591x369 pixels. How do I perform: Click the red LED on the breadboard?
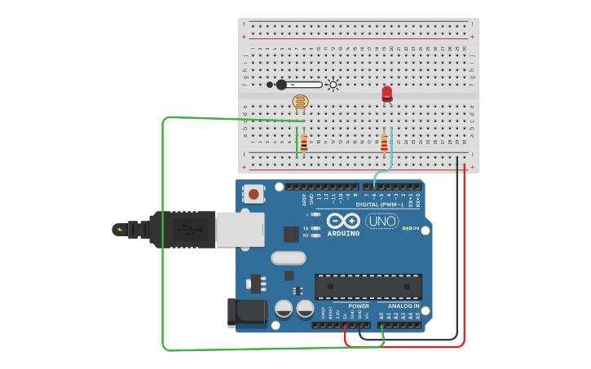point(386,94)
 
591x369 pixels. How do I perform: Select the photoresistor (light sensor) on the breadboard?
point(301,102)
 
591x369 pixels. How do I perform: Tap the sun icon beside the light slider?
point(333,85)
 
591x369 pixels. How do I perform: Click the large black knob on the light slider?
point(281,85)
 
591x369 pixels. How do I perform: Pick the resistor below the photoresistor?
point(303,144)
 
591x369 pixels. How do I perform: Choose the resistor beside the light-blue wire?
point(384,143)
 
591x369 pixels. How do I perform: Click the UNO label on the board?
point(382,221)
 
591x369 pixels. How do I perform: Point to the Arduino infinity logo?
point(343,221)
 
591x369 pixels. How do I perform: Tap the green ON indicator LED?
point(405,228)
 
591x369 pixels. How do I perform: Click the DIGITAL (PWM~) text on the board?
point(379,204)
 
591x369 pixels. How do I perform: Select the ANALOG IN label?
point(404,306)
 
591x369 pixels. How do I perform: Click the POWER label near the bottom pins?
point(359,306)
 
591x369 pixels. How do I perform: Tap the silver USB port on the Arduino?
point(240,230)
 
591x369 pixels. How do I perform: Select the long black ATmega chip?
point(368,286)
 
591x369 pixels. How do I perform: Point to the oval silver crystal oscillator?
point(288,258)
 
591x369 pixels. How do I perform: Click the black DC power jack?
point(248,314)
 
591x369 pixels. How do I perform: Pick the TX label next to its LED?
point(306,228)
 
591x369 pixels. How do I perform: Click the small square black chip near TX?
point(291,234)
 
